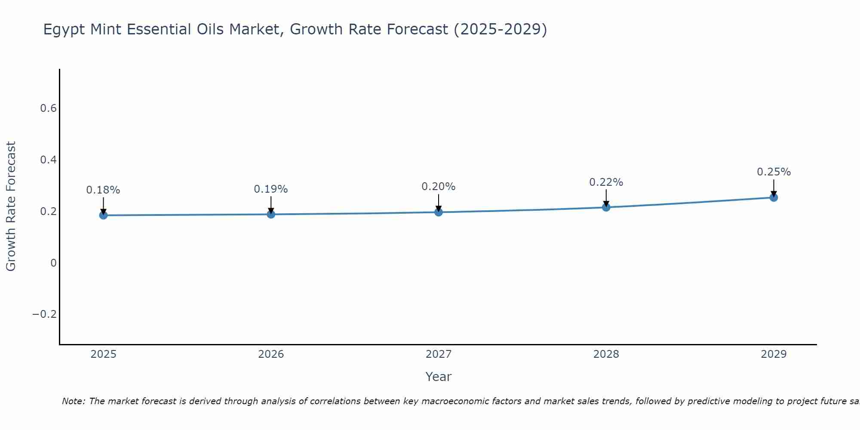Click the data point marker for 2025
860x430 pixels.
pyautogui.click(x=103, y=215)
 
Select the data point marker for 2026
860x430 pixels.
pyautogui.click(x=271, y=214)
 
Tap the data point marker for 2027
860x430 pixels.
pyautogui.click(x=439, y=212)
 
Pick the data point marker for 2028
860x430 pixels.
pyautogui.click(x=606, y=207)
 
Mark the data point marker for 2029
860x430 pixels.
pyautogui.click(x=774, y=197)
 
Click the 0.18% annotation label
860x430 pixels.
pyautogui.click(x=103, y=190)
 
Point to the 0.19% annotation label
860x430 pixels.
pyautogui.click(x=271, y=189)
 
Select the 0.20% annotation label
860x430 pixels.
pyautogui.click(x=439, y=187)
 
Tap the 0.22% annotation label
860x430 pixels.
pyautogui.click(x=606, y=182)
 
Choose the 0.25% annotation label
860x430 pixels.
pyautogui.click(x=774, y=172)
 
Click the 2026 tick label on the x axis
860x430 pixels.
pyautogui.click(x=271, y=354)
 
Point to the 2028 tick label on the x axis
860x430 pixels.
pyautogui.click(x=606, y=354)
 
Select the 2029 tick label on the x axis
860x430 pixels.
pyautogui.click(x=774, y=354)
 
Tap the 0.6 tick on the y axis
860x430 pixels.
pyautogui.click(x=49, y=108)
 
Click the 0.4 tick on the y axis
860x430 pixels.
pyautogui.click(x=49, y=160)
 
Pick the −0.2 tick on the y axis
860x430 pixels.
pyautogui.click(x=45, y=314)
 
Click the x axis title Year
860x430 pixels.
pyautogui.click(x=439, y=377)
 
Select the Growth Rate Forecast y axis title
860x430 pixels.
pyautogui.click(x=11, y=206)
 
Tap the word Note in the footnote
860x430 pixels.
pyautogui.click(x=73, y=401)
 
